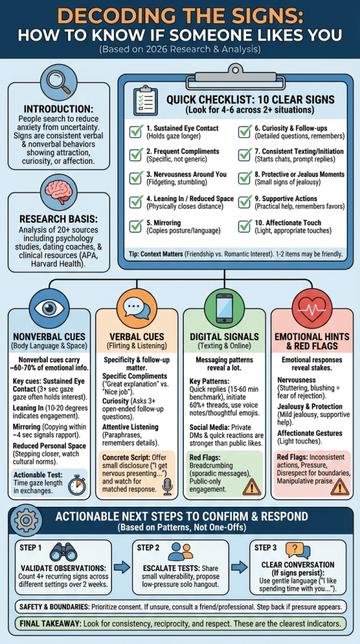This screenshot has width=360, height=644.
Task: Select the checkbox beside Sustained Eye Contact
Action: click(137, 132)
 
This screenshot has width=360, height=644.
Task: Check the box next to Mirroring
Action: click(137, 226)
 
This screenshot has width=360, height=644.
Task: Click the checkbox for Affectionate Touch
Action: click(245, 226)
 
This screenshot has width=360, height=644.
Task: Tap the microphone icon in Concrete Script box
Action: click(167, 486)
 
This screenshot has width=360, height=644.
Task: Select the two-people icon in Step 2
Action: click(181, 552)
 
